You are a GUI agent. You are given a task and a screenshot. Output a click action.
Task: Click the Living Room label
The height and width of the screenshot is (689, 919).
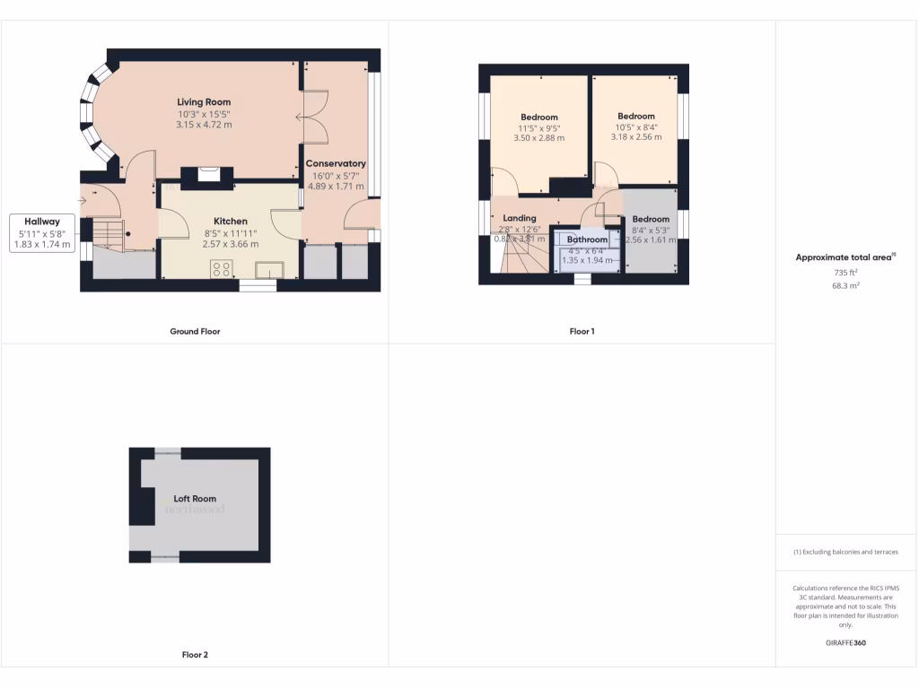pyautogui.click(x=204, y=102)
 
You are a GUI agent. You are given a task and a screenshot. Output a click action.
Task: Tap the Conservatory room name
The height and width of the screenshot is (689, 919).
pyautogui.click(x=336, y=164)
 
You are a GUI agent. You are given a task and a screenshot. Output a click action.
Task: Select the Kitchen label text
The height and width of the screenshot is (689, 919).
pyautogui.click(x=230, y=222)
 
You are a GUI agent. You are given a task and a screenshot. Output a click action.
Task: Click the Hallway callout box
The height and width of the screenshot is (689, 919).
pyautogui.click(x=42, y=232)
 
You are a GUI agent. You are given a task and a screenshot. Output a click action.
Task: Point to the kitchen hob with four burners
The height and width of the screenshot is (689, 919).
pyautogui.click(x=222, y=269)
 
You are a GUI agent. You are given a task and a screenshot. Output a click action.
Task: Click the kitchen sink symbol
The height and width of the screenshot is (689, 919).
pyautogui.click(x=269, y=270)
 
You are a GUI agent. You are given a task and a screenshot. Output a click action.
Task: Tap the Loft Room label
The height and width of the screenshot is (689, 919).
pyautogui.click(x=195, y=499)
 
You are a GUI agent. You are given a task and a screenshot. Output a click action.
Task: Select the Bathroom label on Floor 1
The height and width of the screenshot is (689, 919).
pyautogui.click(x=587, y=240)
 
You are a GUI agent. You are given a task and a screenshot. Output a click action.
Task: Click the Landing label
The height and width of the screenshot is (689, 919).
pyautogui.click(x=520, y=218)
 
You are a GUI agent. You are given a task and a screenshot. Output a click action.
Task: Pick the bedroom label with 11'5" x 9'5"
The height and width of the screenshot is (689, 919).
pyautogui.click(x=538, y=118)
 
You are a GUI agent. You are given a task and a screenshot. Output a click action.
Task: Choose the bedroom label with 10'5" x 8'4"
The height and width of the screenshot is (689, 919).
pyautogui.click(x=635, y=117)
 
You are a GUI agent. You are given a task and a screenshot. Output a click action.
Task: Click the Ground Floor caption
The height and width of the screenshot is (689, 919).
pyautogui.click(x=195, y=331)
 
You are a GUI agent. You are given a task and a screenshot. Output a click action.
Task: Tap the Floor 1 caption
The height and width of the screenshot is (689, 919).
pyautogui.click(x=582, y=331)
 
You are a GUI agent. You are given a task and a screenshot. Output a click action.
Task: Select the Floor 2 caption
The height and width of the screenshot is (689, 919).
pyautogui.click(x=195, y=655)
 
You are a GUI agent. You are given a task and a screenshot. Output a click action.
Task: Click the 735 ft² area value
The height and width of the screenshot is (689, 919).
pyautogui.click(x=846, y=273)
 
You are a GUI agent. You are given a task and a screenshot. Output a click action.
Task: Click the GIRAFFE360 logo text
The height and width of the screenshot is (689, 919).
pyautogui.click(x=846, y=643)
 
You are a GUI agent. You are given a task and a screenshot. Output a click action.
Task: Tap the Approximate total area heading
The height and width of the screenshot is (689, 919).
pyautogui.click(x=845, y=257)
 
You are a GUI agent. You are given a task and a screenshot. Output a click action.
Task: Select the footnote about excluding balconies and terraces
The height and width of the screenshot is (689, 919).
pyautogui.click(x=845, y=552)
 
